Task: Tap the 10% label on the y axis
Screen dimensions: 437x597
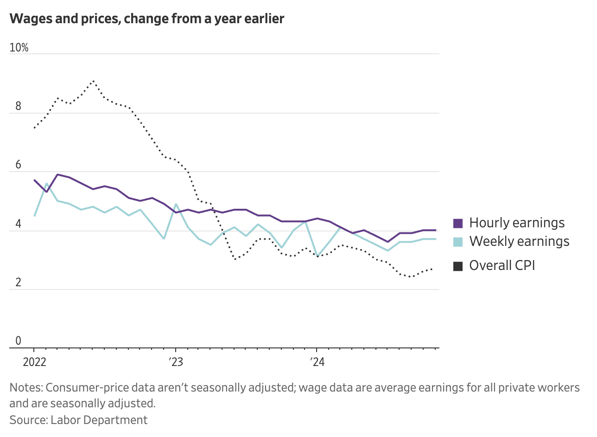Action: coord(19,48)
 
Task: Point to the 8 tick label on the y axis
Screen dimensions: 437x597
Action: coord(19,106)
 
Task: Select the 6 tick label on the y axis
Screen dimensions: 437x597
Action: coord(19,165)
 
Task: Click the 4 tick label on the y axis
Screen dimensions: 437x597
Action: coord(19,224)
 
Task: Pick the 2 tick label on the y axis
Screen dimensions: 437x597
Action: coord(19,283)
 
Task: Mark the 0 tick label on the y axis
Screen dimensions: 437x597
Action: coord(19,341)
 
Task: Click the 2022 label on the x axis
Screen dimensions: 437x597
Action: coord(34,362)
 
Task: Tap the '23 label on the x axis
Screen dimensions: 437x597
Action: coord(175,362)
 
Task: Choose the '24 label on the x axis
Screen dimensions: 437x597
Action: coord(317,362)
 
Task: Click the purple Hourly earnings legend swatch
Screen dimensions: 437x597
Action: coord(458,223)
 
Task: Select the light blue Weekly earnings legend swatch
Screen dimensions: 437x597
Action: coord(458,242)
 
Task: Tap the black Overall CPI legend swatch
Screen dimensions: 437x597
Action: coord(458,266)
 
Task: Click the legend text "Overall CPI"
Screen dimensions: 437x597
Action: coord(502,265)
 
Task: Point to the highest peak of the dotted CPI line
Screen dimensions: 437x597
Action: coord(93,81)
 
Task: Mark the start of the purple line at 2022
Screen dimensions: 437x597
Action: coord(34,180)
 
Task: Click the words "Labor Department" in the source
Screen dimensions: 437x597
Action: coord(99,420)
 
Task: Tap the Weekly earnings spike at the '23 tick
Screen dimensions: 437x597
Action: coord(176,204)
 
